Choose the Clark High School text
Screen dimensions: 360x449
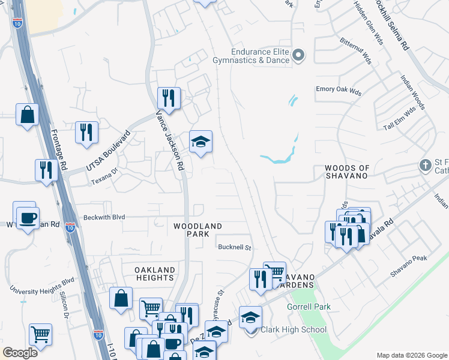coord(294,329)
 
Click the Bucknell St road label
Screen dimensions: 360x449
coord(234,247)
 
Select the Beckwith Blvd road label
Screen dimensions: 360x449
coord(104,217)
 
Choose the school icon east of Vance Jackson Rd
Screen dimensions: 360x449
coord(200,142)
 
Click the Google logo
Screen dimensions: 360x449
coord(20,353)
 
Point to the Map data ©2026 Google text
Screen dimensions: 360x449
coord(411,355)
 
